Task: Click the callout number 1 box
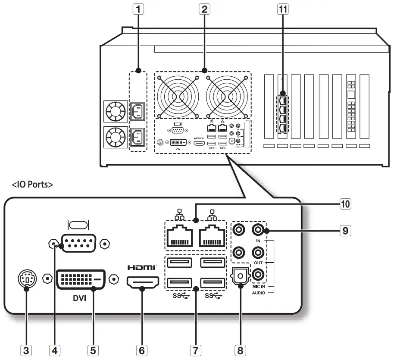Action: (138, 9)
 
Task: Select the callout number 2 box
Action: (204, 9)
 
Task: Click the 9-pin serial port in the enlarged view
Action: (78, 244)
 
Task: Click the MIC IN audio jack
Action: (258, 273)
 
